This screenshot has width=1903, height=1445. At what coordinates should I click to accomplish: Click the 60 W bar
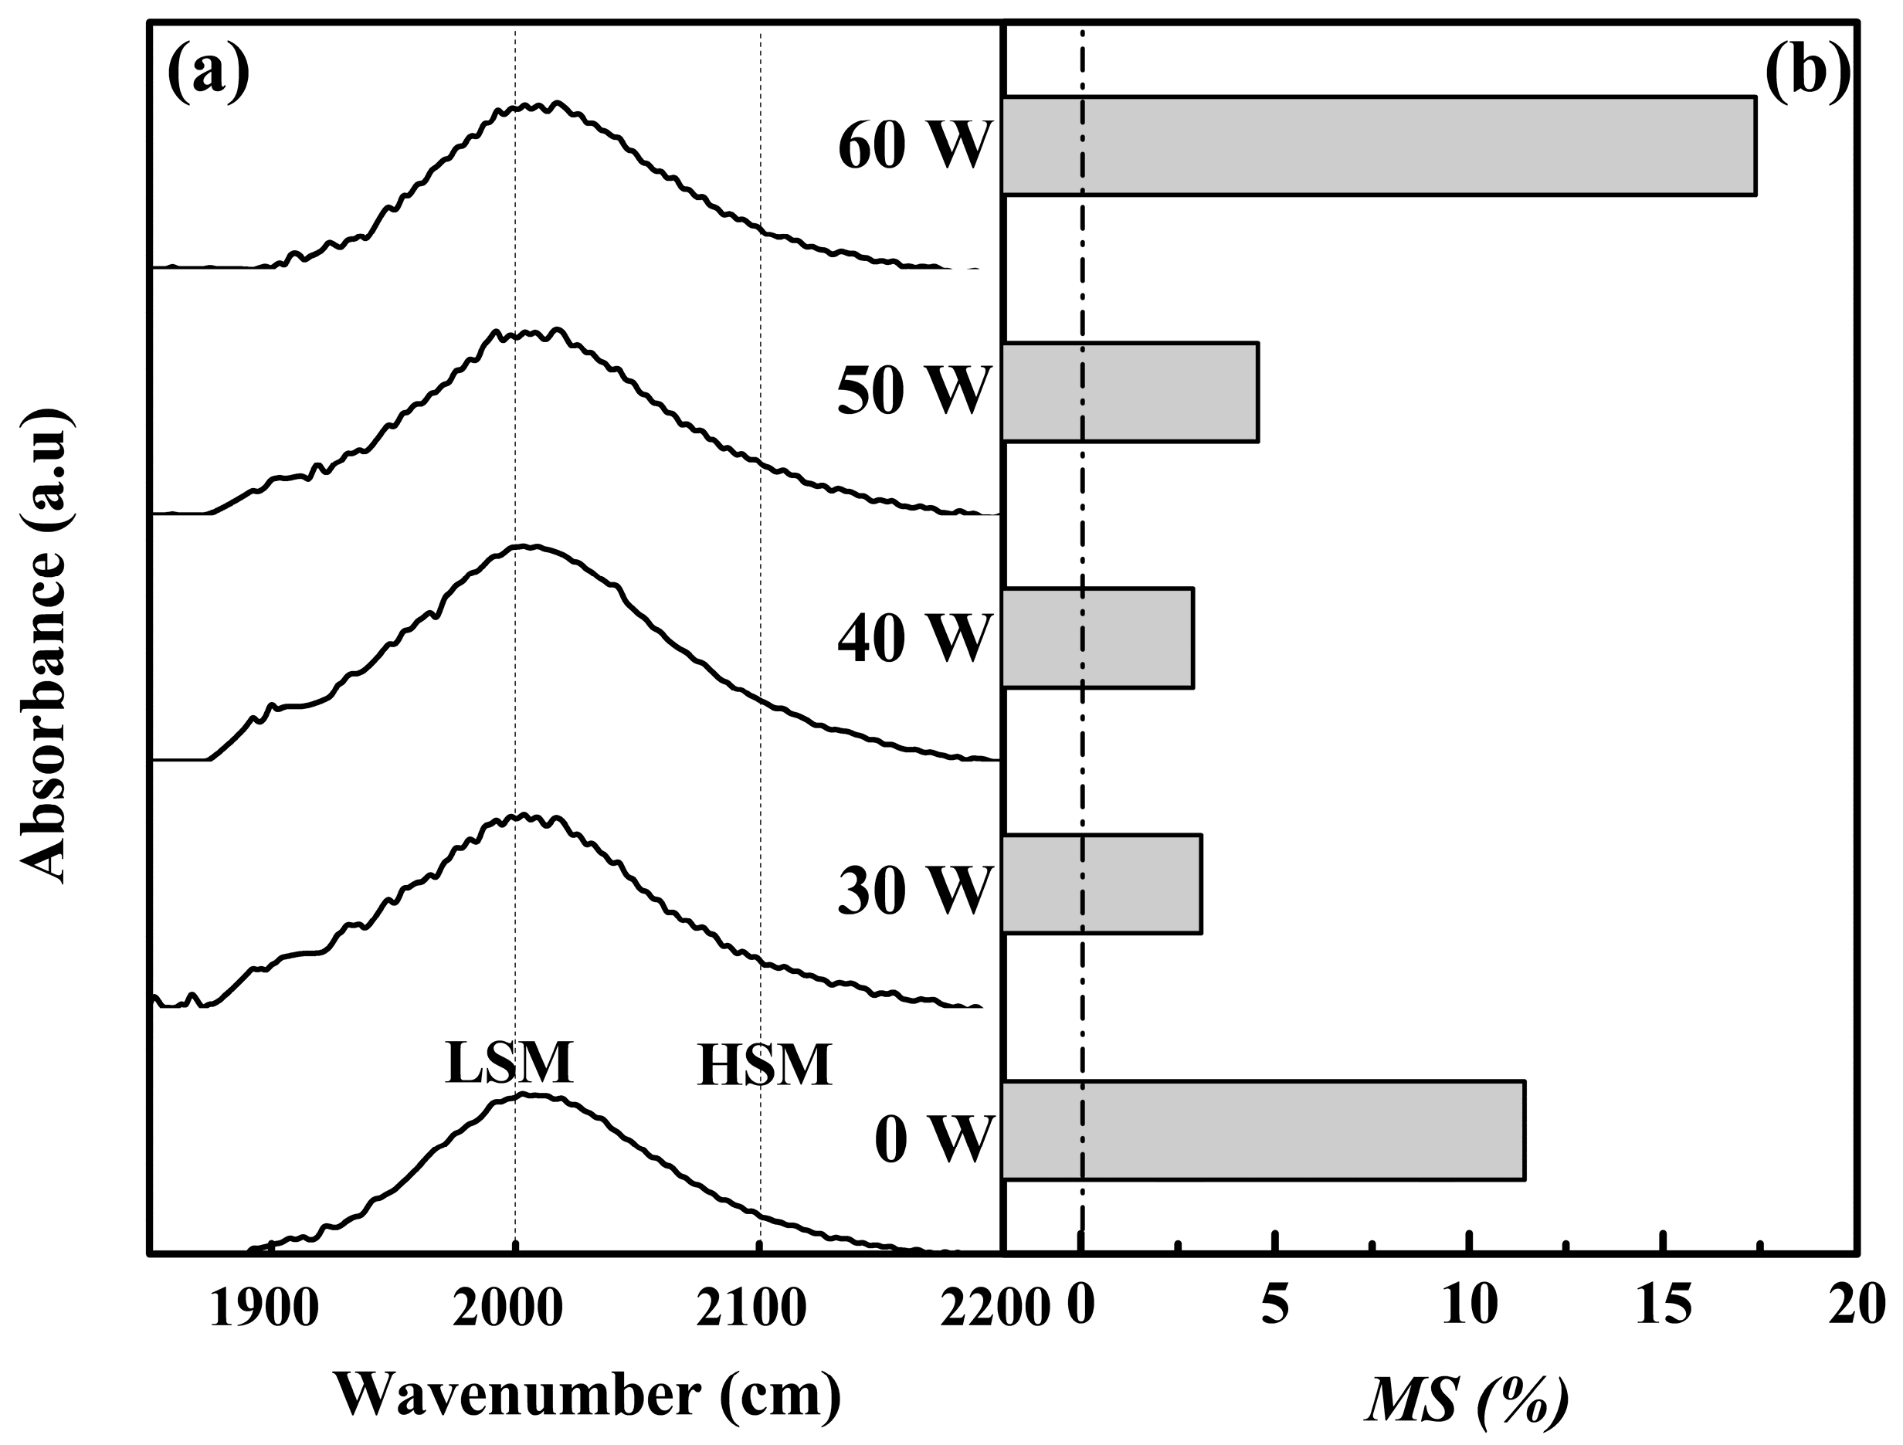click(1379, 146)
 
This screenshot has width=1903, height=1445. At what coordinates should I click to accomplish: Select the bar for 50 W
click(1130, 392)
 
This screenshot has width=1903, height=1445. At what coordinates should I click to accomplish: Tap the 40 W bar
click(1097, 638)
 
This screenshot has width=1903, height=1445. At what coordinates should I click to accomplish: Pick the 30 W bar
click(1101, 884)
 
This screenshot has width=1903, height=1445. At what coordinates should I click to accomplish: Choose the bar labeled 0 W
click(1263, 1130)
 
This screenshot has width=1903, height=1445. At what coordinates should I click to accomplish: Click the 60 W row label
click(914, 146)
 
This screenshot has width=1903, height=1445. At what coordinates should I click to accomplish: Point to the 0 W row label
click(934, 1141)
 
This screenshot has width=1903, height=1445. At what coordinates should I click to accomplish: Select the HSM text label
click(764, 1067)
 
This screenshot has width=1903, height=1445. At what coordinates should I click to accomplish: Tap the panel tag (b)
click(1806, 70)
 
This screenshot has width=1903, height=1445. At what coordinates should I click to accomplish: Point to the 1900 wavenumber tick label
click(264, 1308)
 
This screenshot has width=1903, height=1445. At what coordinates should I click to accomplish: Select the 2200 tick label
click(995, 1308)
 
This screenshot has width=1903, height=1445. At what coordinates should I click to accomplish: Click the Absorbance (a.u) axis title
click(43, 645)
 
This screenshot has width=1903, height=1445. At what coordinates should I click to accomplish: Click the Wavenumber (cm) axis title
click(588, 1393)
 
